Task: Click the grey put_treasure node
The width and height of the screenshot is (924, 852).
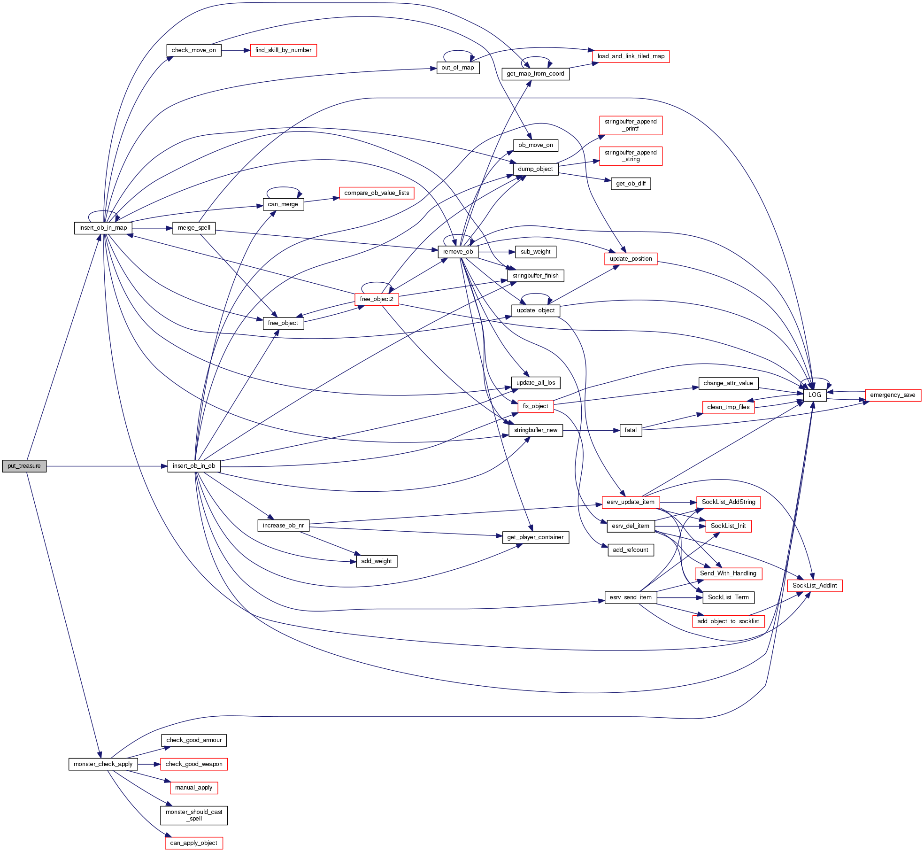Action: tap(24, 466)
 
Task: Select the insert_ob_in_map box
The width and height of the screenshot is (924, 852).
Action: tap(103, 228)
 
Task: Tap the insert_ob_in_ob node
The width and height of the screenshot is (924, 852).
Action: tap(194, 466)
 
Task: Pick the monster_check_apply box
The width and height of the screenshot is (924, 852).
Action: tap(103, 764)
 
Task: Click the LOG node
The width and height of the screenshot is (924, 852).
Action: tap(815, 395)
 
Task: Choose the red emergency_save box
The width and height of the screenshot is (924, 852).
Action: tap(893, 395)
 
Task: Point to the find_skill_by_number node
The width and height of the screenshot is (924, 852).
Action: tap(283, 50)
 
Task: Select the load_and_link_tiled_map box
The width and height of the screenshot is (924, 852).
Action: tap(631, 56)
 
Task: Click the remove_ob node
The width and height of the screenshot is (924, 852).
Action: tap(458, 252)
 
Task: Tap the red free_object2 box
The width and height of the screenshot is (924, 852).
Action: tap(377, 299)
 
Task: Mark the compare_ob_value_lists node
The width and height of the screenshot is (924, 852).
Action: tap(377, 193)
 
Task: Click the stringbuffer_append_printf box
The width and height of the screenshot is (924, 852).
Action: tap(631, 125)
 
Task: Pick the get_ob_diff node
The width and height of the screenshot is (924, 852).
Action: tap(631, 184)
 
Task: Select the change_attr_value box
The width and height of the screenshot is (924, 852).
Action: tap(728, 383)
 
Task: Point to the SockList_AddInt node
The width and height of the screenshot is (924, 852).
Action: tap(815, 586)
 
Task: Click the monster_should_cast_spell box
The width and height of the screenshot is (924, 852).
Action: tap(194, 815)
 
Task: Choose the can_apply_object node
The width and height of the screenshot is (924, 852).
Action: tap(193, 843)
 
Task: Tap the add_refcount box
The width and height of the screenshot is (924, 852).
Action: tap(631, 550)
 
